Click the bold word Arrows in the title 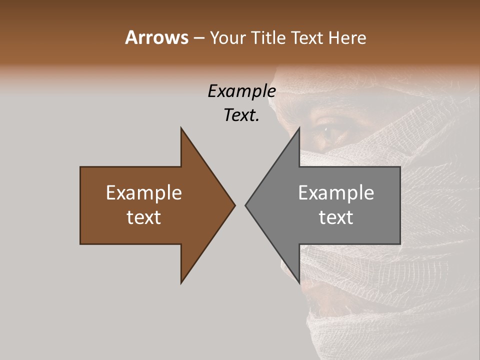coord(156,37)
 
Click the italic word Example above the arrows coord(241,91)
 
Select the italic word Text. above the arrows coord(241,115)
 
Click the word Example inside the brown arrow coord(144,192)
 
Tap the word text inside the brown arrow coord(144,217)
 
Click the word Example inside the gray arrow coord(336,192)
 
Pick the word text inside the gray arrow coord(336,217)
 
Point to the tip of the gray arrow coord(246,205)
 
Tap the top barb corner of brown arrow coord(181,128)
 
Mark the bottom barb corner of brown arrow coord(181,282)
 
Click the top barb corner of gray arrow coord(299,128)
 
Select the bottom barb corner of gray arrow coord(299,282)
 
